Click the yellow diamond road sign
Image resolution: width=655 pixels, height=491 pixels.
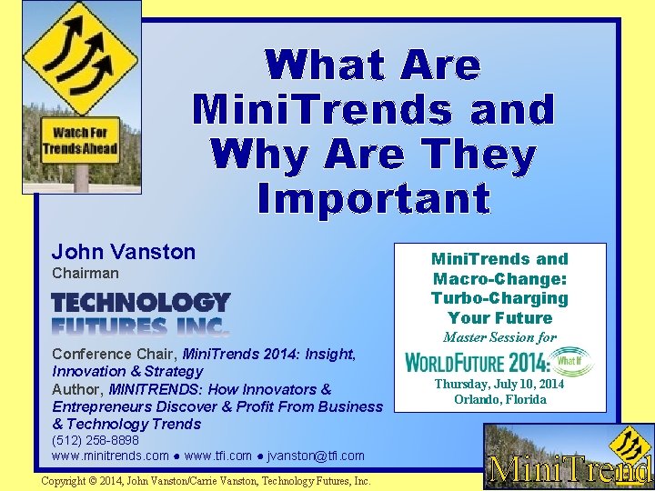click(80, 59)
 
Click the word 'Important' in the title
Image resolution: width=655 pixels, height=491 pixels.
click(373, 197)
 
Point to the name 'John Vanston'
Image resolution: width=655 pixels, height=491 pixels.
click(124, 252)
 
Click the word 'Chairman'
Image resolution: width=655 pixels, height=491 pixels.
click(86, 273)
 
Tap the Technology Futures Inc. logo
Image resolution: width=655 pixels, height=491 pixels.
click(141, 314)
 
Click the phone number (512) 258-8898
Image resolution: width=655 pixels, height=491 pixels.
click(96, 440)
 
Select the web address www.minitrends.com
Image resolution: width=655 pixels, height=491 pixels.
click(111, 455)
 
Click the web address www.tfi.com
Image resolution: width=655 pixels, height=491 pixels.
click(217, 455)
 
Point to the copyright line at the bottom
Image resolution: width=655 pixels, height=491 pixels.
click(206, 480)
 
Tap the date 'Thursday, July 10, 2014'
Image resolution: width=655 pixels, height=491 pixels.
click(499, 384)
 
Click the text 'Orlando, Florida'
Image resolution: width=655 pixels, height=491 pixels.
click(499, 399)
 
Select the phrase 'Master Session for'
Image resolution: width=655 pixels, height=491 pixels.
click(499, 338)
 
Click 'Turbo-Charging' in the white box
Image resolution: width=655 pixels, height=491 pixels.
click(499, 298)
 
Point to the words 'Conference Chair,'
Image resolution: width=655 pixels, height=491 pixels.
click(116, 354)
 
